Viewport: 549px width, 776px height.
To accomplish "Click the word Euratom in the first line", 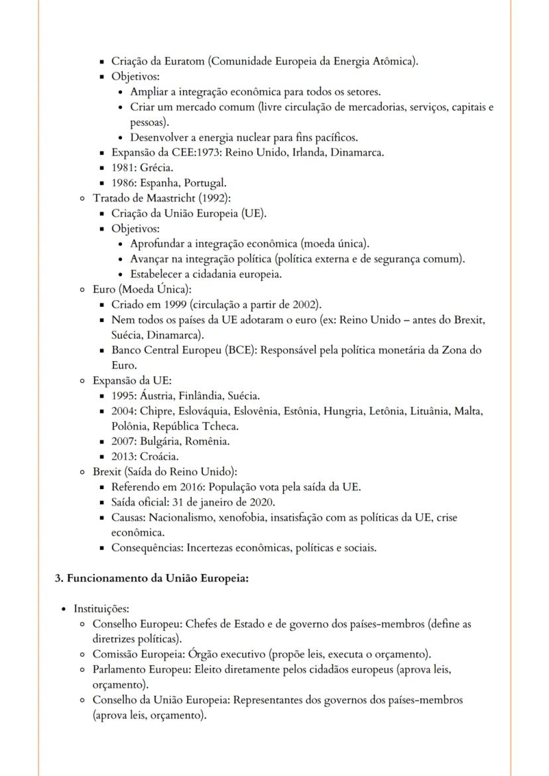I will coord(186,62).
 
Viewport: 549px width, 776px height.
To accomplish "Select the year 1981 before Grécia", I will coord(123,168).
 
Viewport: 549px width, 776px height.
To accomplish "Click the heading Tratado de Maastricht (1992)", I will coord(162,198).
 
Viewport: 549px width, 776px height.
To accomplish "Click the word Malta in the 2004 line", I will coord(469,411).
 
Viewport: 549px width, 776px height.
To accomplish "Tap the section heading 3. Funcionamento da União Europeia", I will coord(151,578).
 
